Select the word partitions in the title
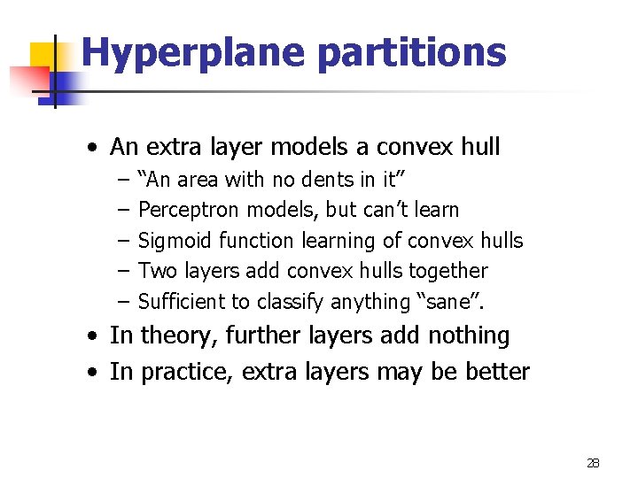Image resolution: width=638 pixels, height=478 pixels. pyautogui.click(x=411, y=53)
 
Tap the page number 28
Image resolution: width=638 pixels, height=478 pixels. pyautogui.click(x=593, y=462)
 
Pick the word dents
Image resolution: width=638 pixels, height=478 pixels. pyautogui.click(x=326, y=180)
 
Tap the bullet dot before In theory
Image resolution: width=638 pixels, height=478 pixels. pyautogui.click(x=93, y=337)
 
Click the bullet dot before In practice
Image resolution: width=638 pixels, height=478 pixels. pyautogui.click(x=93, y=373)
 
